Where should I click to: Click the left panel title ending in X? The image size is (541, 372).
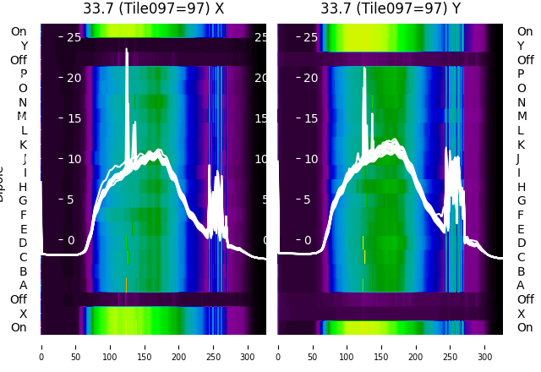tap(153, 8)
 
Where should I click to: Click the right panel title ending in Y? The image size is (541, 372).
tap(391, 8)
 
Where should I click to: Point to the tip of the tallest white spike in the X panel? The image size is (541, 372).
tap(127, 49)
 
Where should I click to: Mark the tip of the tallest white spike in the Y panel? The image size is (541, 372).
tap(364, 68)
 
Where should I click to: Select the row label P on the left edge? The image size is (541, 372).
tap(23, 74)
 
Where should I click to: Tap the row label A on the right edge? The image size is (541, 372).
tap(521, 286)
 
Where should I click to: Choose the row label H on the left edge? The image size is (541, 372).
tap(23, 187)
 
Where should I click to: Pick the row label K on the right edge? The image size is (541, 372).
tap(521, 145)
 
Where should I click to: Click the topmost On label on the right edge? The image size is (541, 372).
tap(525, 32)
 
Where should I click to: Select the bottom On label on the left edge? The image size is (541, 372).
tap(19, 328)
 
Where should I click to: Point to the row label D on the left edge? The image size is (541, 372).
tap(23, 243)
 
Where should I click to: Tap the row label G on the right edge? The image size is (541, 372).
tap(521, 201)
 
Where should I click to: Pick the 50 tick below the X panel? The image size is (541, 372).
tap(75, 347)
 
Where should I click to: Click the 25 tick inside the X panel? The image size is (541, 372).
tap(72, 37)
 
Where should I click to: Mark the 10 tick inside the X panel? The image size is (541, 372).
tap(72, 159)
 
